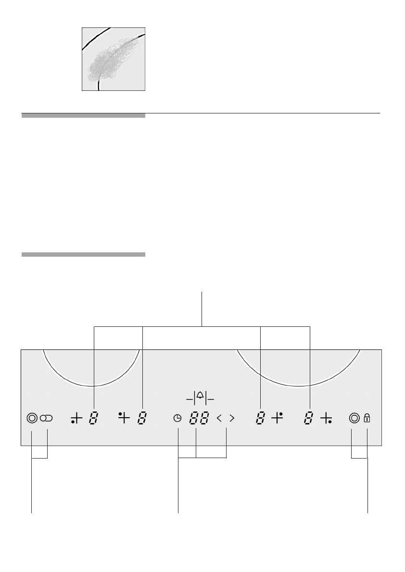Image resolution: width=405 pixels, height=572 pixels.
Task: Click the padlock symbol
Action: click(367, 418)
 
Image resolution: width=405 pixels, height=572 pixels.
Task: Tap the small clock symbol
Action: click(177, 419)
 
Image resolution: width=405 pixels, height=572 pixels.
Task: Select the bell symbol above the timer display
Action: click(200, 397)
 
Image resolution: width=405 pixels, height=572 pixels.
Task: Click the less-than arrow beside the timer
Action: click(219, 419)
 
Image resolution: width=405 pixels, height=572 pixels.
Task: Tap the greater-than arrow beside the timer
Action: click(232, 419)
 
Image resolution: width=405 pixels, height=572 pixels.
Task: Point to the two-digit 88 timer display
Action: click(199, 419)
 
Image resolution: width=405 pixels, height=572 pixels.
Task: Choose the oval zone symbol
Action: click(47, 419)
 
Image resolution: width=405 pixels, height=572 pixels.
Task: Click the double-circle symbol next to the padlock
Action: click(354, 418)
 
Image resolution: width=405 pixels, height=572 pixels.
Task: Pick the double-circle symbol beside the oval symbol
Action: click(31, 418)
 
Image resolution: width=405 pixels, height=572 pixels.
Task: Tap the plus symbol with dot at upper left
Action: click(124, 418)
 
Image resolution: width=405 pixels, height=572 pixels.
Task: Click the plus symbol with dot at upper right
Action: click(277, 418)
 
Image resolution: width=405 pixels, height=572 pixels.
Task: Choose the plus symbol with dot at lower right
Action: click(326, 419)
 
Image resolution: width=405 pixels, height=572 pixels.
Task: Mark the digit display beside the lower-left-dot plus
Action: click(93, 419)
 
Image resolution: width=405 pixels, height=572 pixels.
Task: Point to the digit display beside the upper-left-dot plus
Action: click(142, 419)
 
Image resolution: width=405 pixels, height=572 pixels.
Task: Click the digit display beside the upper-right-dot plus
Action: click(260, 419)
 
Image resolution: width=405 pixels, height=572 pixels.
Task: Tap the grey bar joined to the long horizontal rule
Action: click(83, 115)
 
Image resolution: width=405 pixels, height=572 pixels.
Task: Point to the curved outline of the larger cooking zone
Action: click(298, 385)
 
